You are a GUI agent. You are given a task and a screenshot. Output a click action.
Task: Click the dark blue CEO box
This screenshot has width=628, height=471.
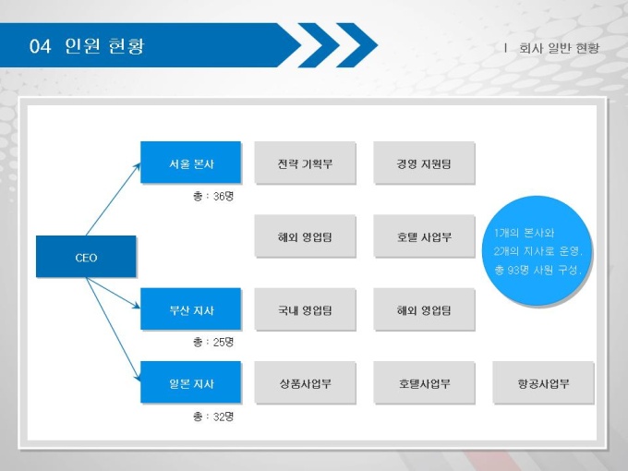coord(86,257)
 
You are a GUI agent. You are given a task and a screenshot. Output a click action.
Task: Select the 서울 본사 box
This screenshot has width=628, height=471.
coord(190,163)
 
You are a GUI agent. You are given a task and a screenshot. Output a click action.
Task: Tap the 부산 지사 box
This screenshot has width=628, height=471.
coord(190,308)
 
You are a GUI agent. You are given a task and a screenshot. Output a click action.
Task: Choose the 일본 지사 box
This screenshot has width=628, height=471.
coord(190,382)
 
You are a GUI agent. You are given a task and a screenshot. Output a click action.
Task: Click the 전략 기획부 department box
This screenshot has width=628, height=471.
coord(305,163)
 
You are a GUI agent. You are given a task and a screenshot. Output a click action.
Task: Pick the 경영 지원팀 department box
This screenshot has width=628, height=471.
coord(424,163)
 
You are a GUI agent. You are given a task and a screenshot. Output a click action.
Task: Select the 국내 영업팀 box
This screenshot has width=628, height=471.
coord(305,309)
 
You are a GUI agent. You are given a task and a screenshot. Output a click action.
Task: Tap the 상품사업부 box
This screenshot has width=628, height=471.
coord(305,382)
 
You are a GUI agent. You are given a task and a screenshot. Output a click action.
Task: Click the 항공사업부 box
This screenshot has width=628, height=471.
coord(543,382)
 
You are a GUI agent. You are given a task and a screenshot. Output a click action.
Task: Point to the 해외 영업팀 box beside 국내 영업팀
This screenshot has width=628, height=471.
coord(424,309)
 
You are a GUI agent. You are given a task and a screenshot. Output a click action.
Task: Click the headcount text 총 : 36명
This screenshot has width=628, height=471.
coord(213,196)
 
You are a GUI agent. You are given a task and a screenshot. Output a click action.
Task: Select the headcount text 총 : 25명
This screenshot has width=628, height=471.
coord(213,342)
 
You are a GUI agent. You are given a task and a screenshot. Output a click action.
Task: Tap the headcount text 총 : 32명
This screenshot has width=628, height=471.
coord(213,417)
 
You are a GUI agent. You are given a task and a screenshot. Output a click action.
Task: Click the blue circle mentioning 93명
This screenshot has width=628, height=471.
coord(537,250)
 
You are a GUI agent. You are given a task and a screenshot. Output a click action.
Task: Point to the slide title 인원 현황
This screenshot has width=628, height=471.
coord(104,45)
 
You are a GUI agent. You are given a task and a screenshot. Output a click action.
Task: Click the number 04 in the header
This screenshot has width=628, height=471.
coord(40,46)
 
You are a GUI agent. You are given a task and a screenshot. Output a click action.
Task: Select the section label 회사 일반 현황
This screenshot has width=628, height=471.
coord(559,48)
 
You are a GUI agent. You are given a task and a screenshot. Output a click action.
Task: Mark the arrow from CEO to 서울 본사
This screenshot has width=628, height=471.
coord(114,199)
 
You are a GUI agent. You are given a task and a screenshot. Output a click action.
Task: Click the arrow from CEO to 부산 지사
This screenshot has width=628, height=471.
coord(114,293)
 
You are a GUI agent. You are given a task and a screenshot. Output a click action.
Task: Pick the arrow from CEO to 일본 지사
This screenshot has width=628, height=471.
coord(114,330)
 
